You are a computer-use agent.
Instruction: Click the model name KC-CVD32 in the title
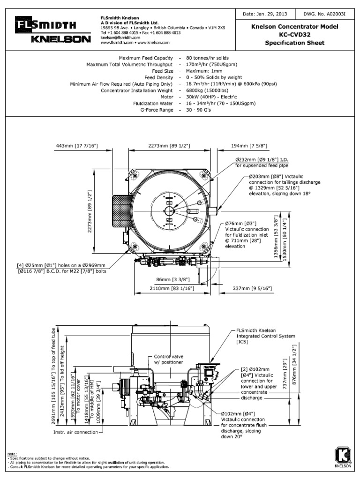pyautogui.click(x=295, y=35)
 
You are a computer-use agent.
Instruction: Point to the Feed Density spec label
pyautogui.click(x=158, y=77)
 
